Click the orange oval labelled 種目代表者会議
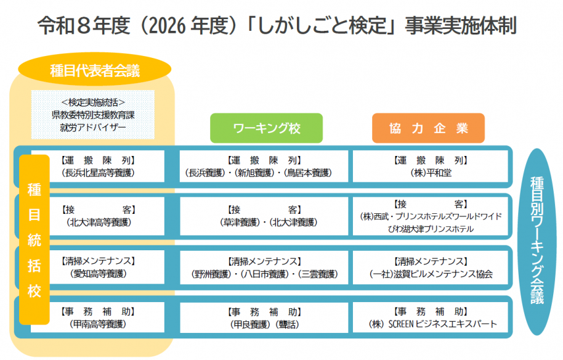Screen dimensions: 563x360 pyautogui.click(x=94, y=69)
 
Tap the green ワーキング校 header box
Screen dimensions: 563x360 pyautogui.click(x=267, y=128)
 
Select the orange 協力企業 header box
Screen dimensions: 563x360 pyautogui.click(x=428, y=128)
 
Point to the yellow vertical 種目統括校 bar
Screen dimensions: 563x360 pyautogui.click(x=34, y=240)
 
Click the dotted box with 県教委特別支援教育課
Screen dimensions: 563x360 pyautogui.click(x=93, y=115)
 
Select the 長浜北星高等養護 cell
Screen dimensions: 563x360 pyautogui.click(x=98, y=166)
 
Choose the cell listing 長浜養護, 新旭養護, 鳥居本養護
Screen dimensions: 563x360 pyautogui.click(x=264, y=166)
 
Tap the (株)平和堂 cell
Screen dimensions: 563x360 pyautogui.click(x=431, y=166)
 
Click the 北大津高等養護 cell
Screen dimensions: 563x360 pyautogui.click(x=98, y=216)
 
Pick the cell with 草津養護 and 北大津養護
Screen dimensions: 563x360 pyautogui.click(x=264, y=216)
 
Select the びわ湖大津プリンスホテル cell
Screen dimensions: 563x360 pyautogui.click(x=431, y=216)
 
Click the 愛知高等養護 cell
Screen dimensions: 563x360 pyautogui.click(x=98, y=268)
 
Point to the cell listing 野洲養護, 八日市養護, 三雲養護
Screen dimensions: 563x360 pyautogui.click(x=264, y=268)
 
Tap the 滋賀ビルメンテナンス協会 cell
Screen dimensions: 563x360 pyautogui.click(x=431, y=268)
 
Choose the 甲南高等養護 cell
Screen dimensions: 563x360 pyautogui.click(x=98, y=317)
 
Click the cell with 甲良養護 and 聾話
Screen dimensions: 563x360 pyautogui.click(x=264, y=317)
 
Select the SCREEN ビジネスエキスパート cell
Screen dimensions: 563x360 pyautogui.click(x=431, y=317)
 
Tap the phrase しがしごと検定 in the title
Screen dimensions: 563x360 pyautogui.click(x=322, y=26)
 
